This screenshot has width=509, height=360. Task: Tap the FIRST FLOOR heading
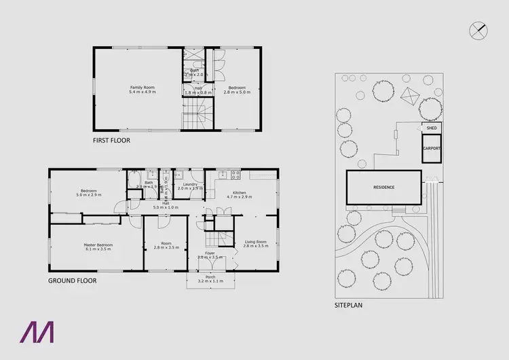coord(111,141)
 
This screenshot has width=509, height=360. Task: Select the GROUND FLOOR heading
coord(72,280)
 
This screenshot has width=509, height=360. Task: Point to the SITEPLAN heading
coord(348,306)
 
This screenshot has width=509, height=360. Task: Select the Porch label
coord(210,278)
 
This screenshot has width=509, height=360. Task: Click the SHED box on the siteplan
coord(431,128)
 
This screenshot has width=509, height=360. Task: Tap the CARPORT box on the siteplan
coord(432,148)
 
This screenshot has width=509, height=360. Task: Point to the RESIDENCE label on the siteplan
coord(383,187)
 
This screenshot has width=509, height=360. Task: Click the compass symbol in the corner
coord(478,29)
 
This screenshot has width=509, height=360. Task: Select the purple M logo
coord(39,331)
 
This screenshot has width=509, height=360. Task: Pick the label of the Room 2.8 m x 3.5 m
coord(166,245)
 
